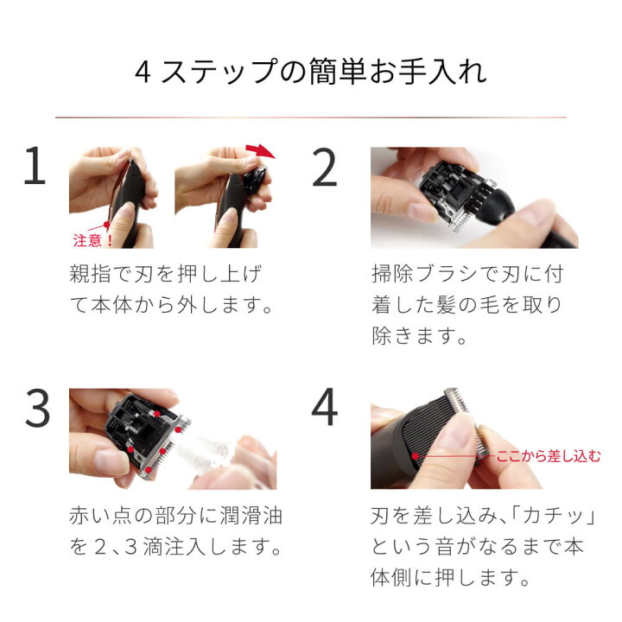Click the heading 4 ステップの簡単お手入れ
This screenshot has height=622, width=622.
tap(310, 72)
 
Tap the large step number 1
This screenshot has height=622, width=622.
tap(35, 168)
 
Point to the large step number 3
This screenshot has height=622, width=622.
tap(36, 409)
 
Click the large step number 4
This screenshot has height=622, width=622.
tap(324, 409)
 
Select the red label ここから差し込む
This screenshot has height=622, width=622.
tap(547, 456)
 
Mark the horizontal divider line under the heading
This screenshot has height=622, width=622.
tap(310, 117)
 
